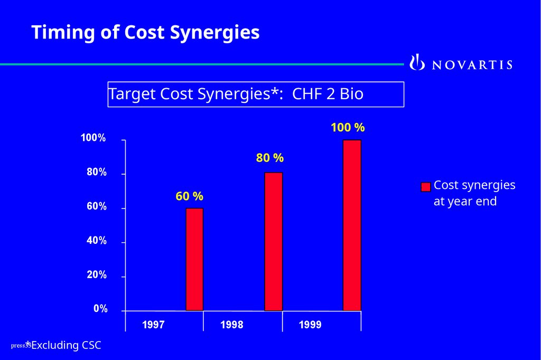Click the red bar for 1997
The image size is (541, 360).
pyautogui.click(x=194, y=259)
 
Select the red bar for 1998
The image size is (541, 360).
pyautogui.click(x=273, y=241)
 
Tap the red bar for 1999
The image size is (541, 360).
pyautogui.click(x=352, y=225)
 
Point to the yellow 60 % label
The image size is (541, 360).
pyautogui.click(x=189, y=196)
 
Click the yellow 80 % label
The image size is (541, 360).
pyautogui.click(x=270, y=158)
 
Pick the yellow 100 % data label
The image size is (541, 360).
pyautogui.click(x=348, y=128)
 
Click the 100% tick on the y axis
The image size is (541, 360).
pyautogui.click(x=93, y=138)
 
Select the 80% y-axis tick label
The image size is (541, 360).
pyautogui.click(x=97, y=173)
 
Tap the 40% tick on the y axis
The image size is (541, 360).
pyautogui.click(x=97, y=241)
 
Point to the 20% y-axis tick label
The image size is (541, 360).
pyautogui.click(x=97, y=275)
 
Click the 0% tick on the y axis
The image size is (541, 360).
pyautogui.click(x=100, y=309)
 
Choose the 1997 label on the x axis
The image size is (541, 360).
pyautogui.click(x=153, y=325)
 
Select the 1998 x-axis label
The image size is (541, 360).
pyautogui.click(x=232, y=325)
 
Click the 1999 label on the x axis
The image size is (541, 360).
pyautogui.click(x=310, y=325)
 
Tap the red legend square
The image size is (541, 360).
pyautogui.click(x=426, y=187)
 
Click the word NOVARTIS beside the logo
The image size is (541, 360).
pyautogui.click(x=472, y=65)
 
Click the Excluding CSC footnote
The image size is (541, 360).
pyautogui.click(x=66, y=346)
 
